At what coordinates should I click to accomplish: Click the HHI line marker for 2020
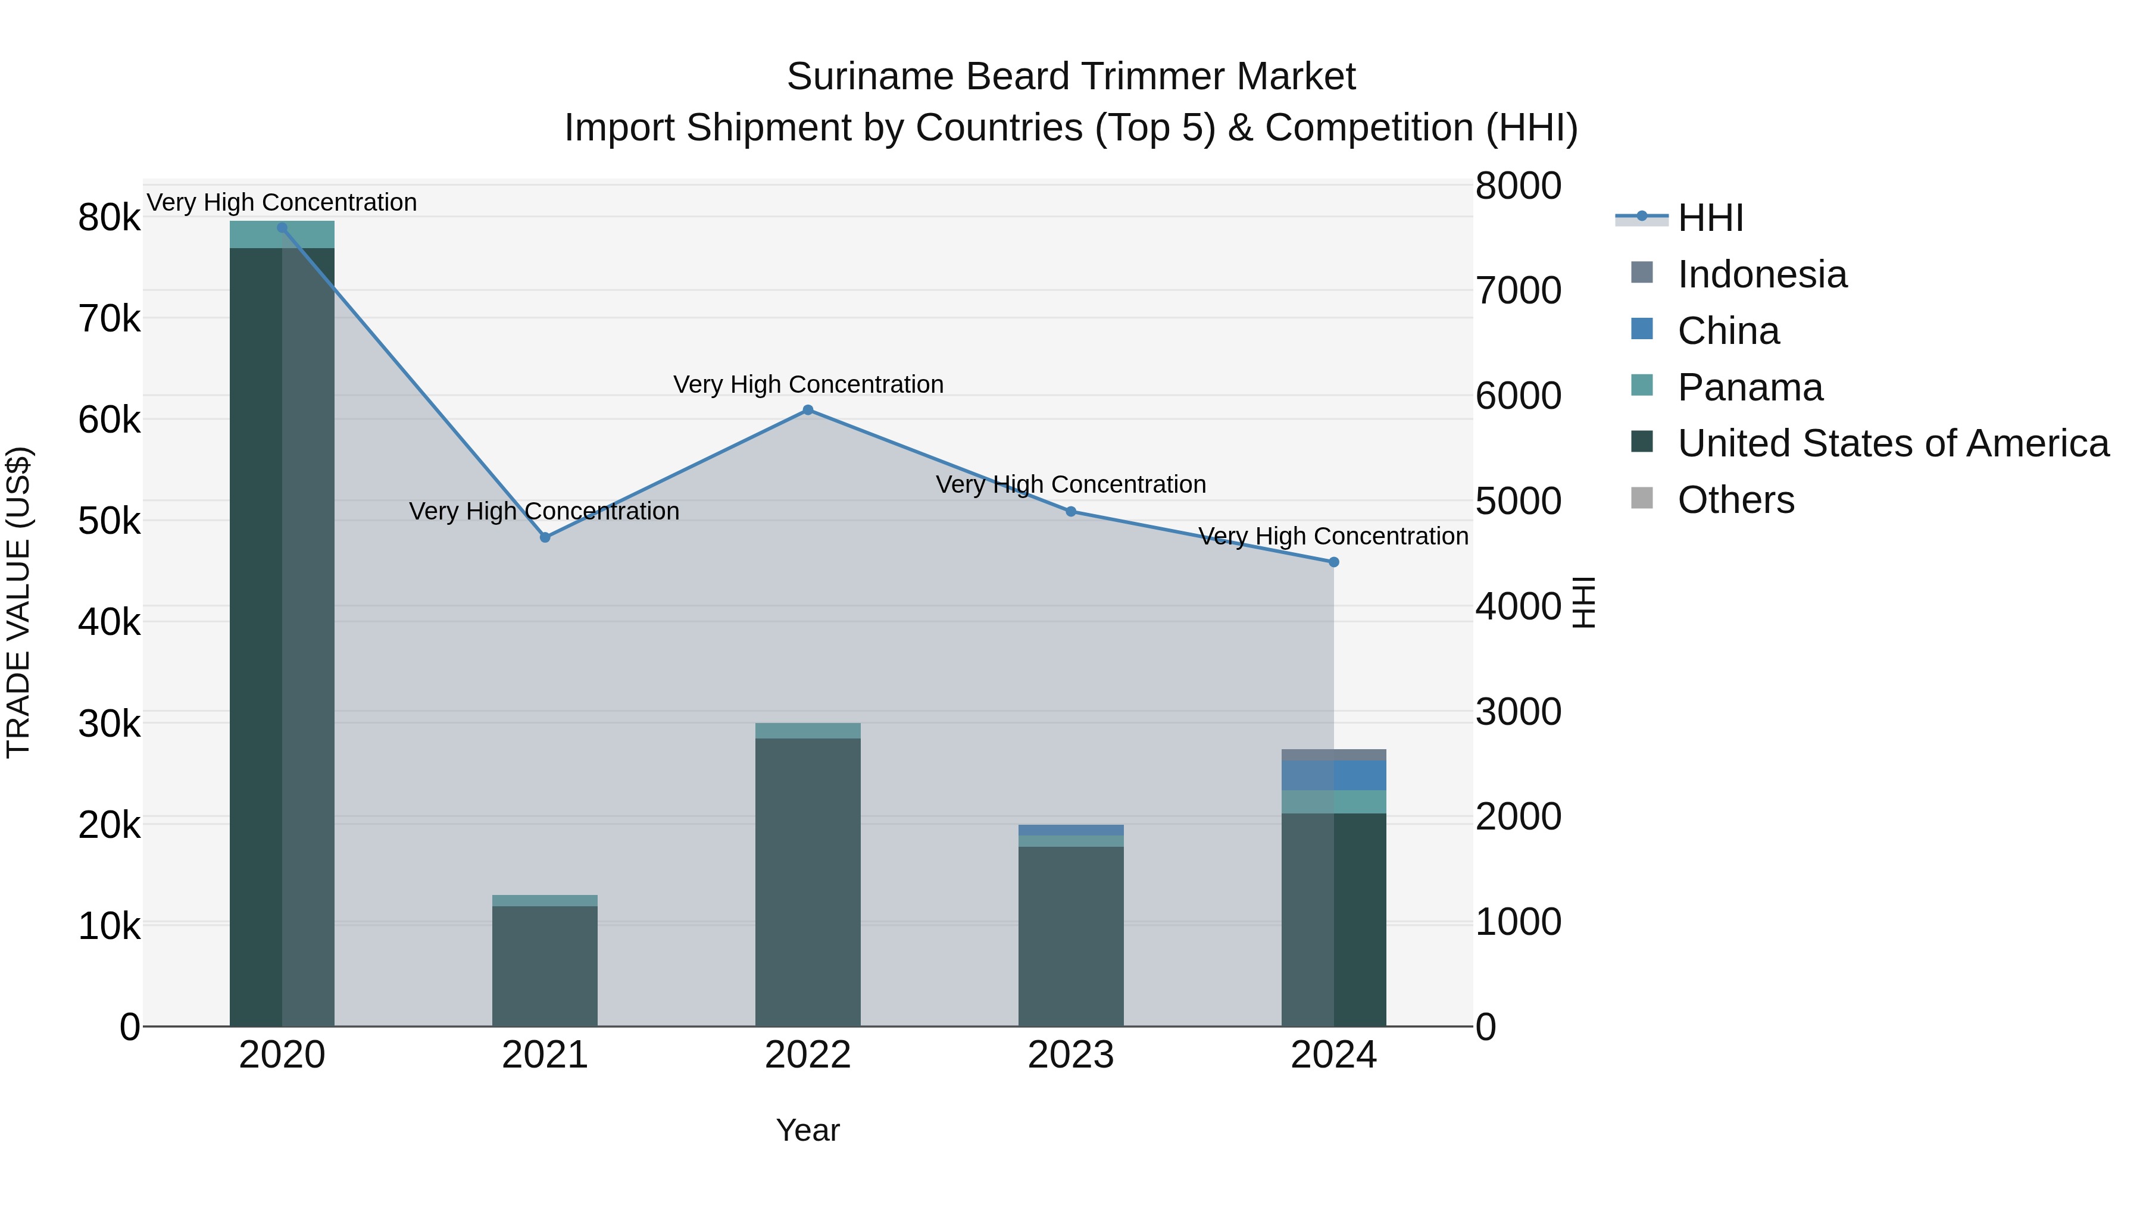282,228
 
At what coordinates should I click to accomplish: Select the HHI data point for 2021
545,538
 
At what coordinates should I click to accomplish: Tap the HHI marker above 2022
808,410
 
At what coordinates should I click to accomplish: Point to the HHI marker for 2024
1333,563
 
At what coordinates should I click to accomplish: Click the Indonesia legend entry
1761,274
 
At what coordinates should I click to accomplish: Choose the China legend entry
1728,331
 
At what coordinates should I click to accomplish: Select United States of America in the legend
1892,443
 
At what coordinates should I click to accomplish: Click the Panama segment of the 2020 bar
282,235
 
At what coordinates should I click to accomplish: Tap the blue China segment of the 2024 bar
1333,776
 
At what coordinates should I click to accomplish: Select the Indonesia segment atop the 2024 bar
1333,755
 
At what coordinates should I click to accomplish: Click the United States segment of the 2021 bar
545,965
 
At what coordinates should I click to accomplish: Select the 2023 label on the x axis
1071,1055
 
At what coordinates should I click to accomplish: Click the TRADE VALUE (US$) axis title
18,602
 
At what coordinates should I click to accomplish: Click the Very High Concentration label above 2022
808,384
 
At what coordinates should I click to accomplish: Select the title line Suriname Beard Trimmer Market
1071,77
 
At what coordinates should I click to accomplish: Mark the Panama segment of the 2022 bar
808,731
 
